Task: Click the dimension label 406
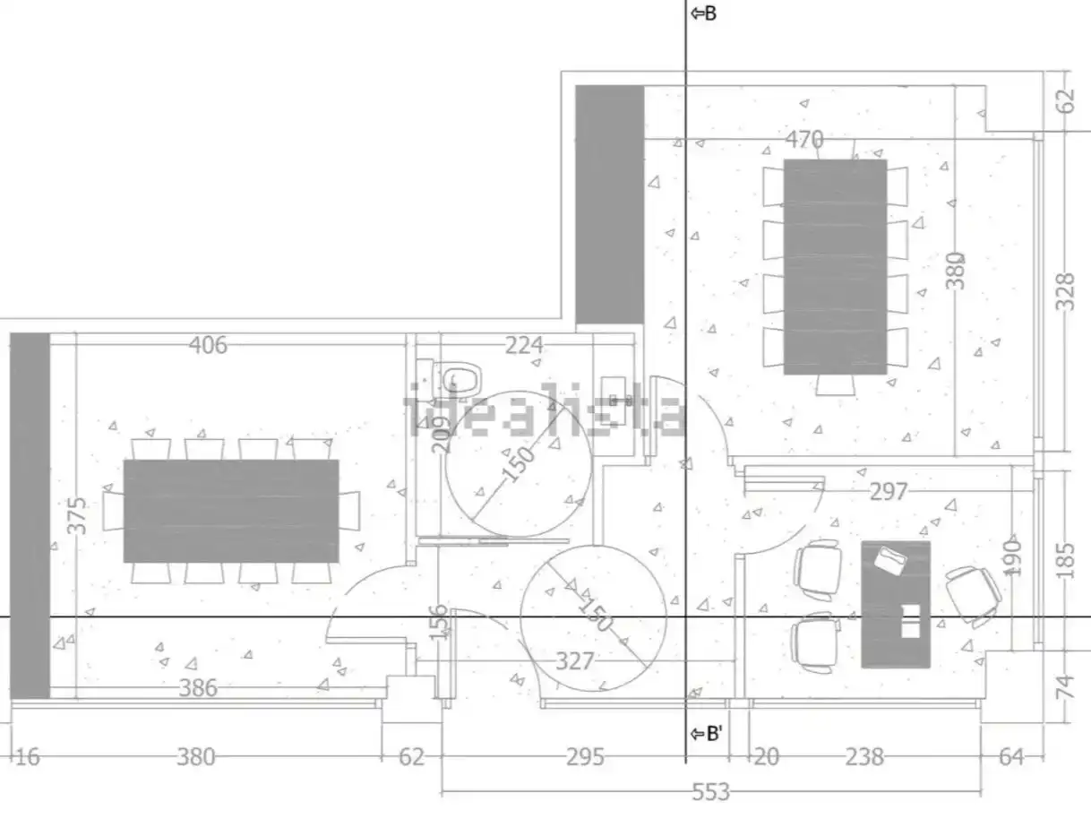point(208,345)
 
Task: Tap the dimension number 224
point(524,345)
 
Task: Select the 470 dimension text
point(804,139)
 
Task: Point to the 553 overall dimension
point(711,792)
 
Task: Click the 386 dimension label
point(198,688)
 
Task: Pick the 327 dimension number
point(574,661)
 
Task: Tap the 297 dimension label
point(889,492)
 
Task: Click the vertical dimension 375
point(78,515)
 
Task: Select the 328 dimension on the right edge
point(1065,292)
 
